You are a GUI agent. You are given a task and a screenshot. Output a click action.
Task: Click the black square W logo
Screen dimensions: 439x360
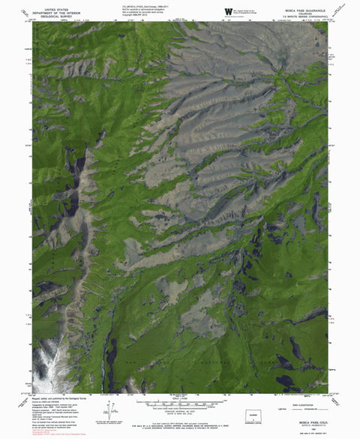[228, 10]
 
